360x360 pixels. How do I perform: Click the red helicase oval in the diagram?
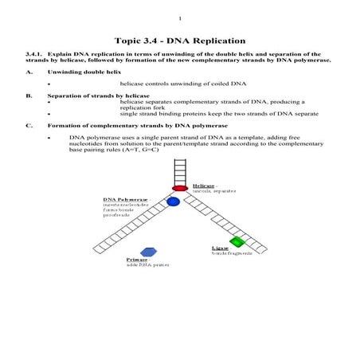(x=180, y=188)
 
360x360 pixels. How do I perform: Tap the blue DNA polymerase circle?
(x=173, y=202)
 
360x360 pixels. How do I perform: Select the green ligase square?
(x=236, y=241)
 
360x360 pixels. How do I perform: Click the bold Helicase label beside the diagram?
(x=205, y=185)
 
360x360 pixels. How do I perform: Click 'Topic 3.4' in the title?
(x=135, y=39)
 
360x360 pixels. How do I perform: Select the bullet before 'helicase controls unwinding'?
(x=49, y=83)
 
